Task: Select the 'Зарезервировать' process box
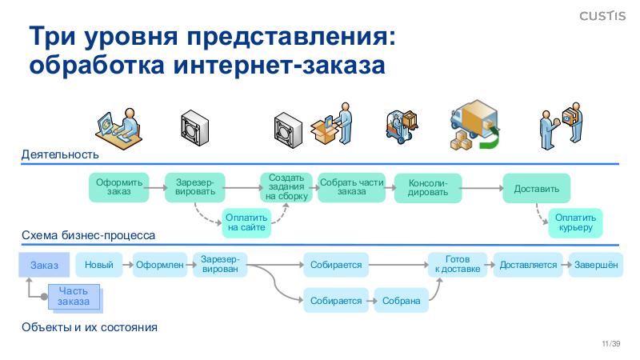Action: click(x=194, y=187)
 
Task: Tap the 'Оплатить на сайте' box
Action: click(x=246, y=222)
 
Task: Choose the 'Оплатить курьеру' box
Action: click(x=576, y=222)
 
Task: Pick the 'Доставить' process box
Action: click(x=536, y=190)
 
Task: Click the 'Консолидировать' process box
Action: click(x=428, y=188)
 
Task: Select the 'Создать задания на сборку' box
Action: click(x=286, y=186)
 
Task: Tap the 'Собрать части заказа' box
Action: click(x=351, y=186)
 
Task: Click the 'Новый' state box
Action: click(x=98, y=265)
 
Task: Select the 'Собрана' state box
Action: click(x=401, y=301)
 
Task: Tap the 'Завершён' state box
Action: click(x=595, y=265)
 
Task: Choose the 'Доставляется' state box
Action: click(x=528, y=265)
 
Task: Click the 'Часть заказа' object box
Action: click(x=74, y=297)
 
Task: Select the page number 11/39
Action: click(x=610, y=343)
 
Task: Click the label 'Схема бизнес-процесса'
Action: click(x=88, y=235)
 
